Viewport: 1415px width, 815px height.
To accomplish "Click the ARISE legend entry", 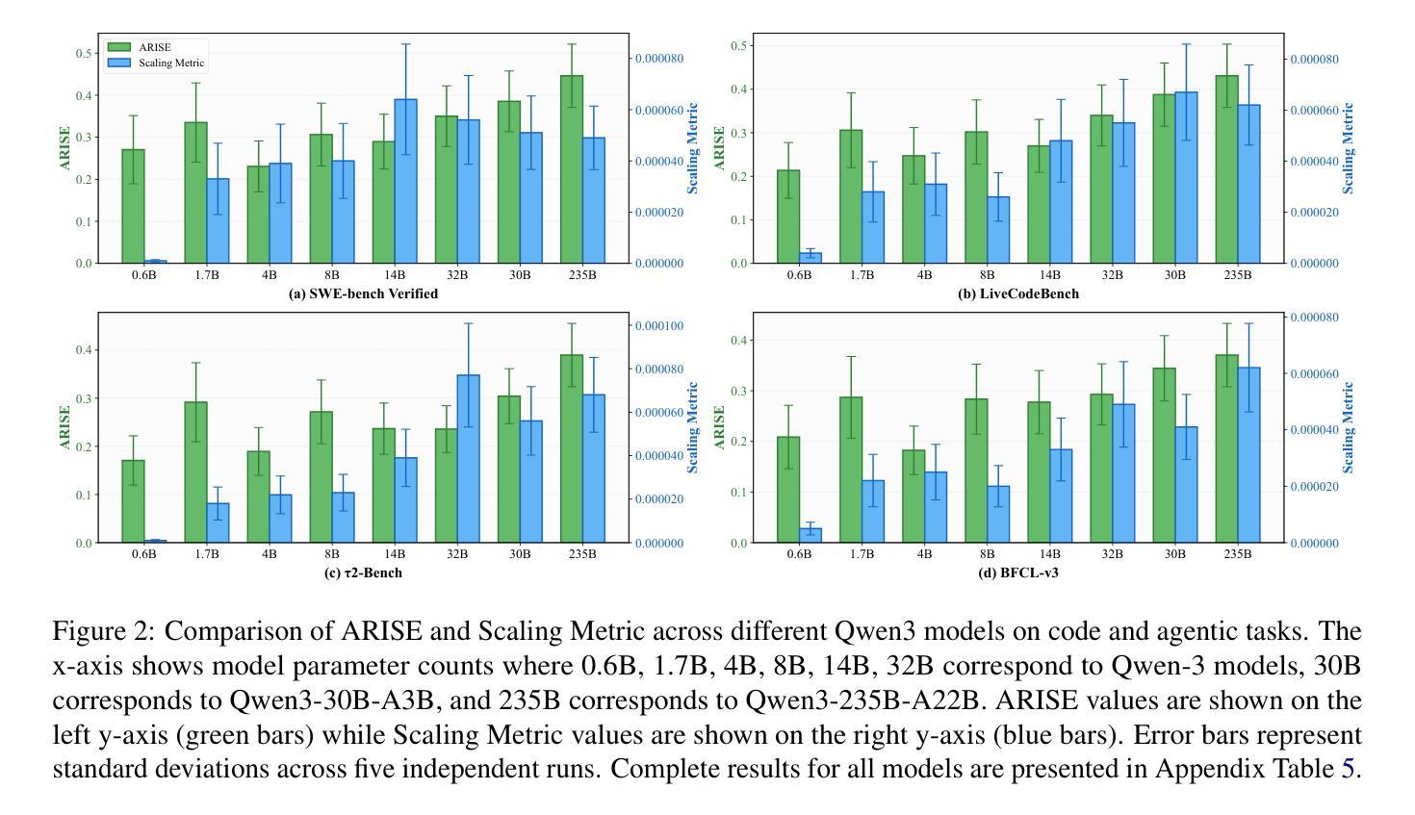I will pyautogui.click(x=156, y=47).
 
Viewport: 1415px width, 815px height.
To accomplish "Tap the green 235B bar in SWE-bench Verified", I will pyautogui.click(x=572, y=169).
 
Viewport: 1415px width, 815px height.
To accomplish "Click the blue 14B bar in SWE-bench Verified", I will pyautogui.click(x=406, y=181).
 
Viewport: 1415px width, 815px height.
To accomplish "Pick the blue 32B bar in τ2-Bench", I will pyautogui.click(x=469, y=459).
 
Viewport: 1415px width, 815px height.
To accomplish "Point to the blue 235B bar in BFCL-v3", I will pyautogui.click(x=1248, y=455).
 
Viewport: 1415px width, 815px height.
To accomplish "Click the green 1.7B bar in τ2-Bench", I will pyautogui.click(x=195, y=472).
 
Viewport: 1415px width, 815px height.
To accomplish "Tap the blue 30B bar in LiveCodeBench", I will pyautogui.click(x=1186, y=178).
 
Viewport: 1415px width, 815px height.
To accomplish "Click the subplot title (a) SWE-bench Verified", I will pyautogui.click(x=363, y=293).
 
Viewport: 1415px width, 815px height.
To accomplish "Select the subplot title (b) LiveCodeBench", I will pyautogui.click(x=1017, y=293).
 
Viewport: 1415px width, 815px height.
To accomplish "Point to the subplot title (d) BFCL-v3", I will pyautogui.click(x=1017, y=573).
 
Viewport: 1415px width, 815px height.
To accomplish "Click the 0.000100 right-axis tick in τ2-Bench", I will pyautogui.click(x=659, y=326).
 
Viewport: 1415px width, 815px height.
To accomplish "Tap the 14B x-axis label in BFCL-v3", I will pyautogui.click(x=1049, y=554).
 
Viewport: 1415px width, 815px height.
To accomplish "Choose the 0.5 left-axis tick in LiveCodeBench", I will pyautogui.click(x=737, y=46).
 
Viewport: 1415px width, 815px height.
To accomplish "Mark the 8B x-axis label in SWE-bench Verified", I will pyautogui.click(x=332, y=275).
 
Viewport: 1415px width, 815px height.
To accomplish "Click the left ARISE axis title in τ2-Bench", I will pyautogui.click(x=65, y=427).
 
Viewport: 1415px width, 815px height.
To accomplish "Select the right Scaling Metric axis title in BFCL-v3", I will pyautogui.click(x=1348, y=427).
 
